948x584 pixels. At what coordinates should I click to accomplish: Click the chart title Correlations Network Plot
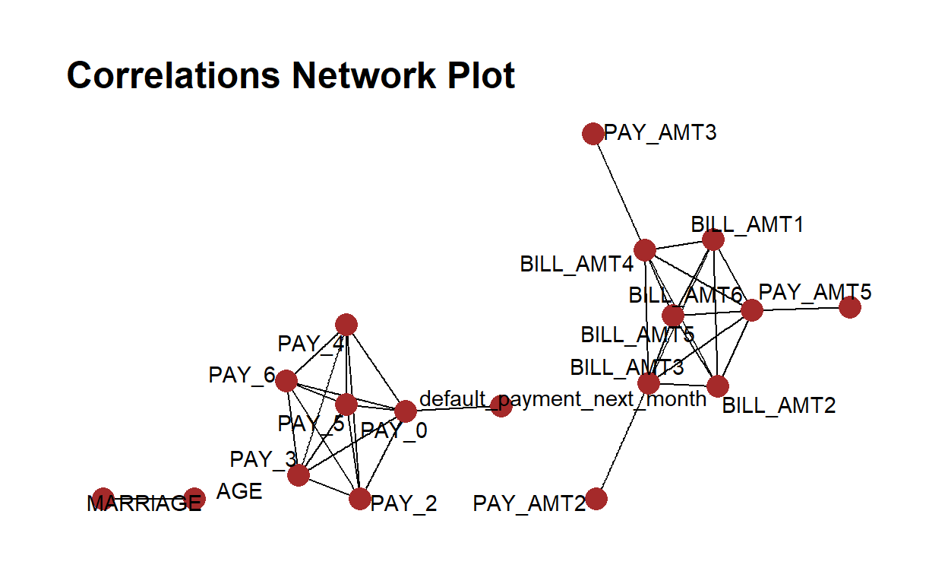click(x=291, y=75)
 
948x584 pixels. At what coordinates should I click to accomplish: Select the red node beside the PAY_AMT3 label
click(x=592, y=134)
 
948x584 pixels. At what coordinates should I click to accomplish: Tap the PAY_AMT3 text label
click(x=660, y=133)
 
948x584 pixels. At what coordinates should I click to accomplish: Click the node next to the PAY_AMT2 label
click(x=596, y=499)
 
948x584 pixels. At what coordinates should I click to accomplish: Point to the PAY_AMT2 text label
click(x=529, y=503)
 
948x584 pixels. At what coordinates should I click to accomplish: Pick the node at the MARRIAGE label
click(x=103, y=498)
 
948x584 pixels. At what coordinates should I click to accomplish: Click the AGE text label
click(x=239, y=491)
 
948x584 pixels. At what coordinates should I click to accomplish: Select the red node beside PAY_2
click(x=359, y=499)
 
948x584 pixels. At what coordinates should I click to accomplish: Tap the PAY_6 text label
click(x=242, y=375)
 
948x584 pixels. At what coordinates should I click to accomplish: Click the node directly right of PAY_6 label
click(x=286, y=380)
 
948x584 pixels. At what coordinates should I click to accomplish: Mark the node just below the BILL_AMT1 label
click(x=713, y=240)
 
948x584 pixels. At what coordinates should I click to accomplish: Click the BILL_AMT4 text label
click(x=576, y=264)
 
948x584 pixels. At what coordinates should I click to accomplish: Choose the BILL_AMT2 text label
click(x=779, y=405)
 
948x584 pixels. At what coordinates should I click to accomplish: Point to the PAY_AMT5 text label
click(x=815, y=291)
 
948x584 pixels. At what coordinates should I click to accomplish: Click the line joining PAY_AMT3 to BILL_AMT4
click(x=618, y=192)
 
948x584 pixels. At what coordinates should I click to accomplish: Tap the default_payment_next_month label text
click(x=563, y=398)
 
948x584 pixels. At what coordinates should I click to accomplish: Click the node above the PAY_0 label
click(x=406, y=411)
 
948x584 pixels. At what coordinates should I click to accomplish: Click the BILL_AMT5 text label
click(x=637, y=335)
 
